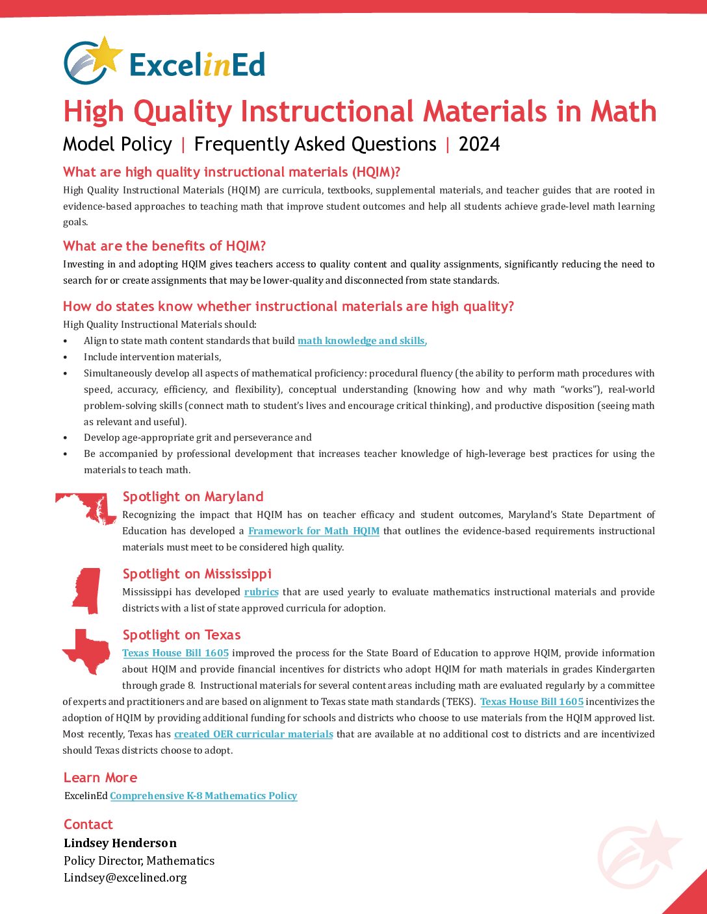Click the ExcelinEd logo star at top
point(107,55)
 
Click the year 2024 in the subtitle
point(479,144)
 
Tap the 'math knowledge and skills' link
point(361,341)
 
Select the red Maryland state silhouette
point(88,507)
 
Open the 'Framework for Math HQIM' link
point(314,531)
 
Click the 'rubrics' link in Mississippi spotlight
point(261,592)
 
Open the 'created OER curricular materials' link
point(253,734)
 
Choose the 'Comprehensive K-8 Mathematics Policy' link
point(203,796)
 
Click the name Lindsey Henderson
point(120,843)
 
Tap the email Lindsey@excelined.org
point(125,878)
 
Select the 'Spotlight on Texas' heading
point(181,635)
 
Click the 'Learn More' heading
point(100,778)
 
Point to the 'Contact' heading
point(88,824)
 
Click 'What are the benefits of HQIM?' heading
point(164,246)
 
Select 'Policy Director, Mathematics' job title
point(139,861)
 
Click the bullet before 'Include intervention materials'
point(65,357)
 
